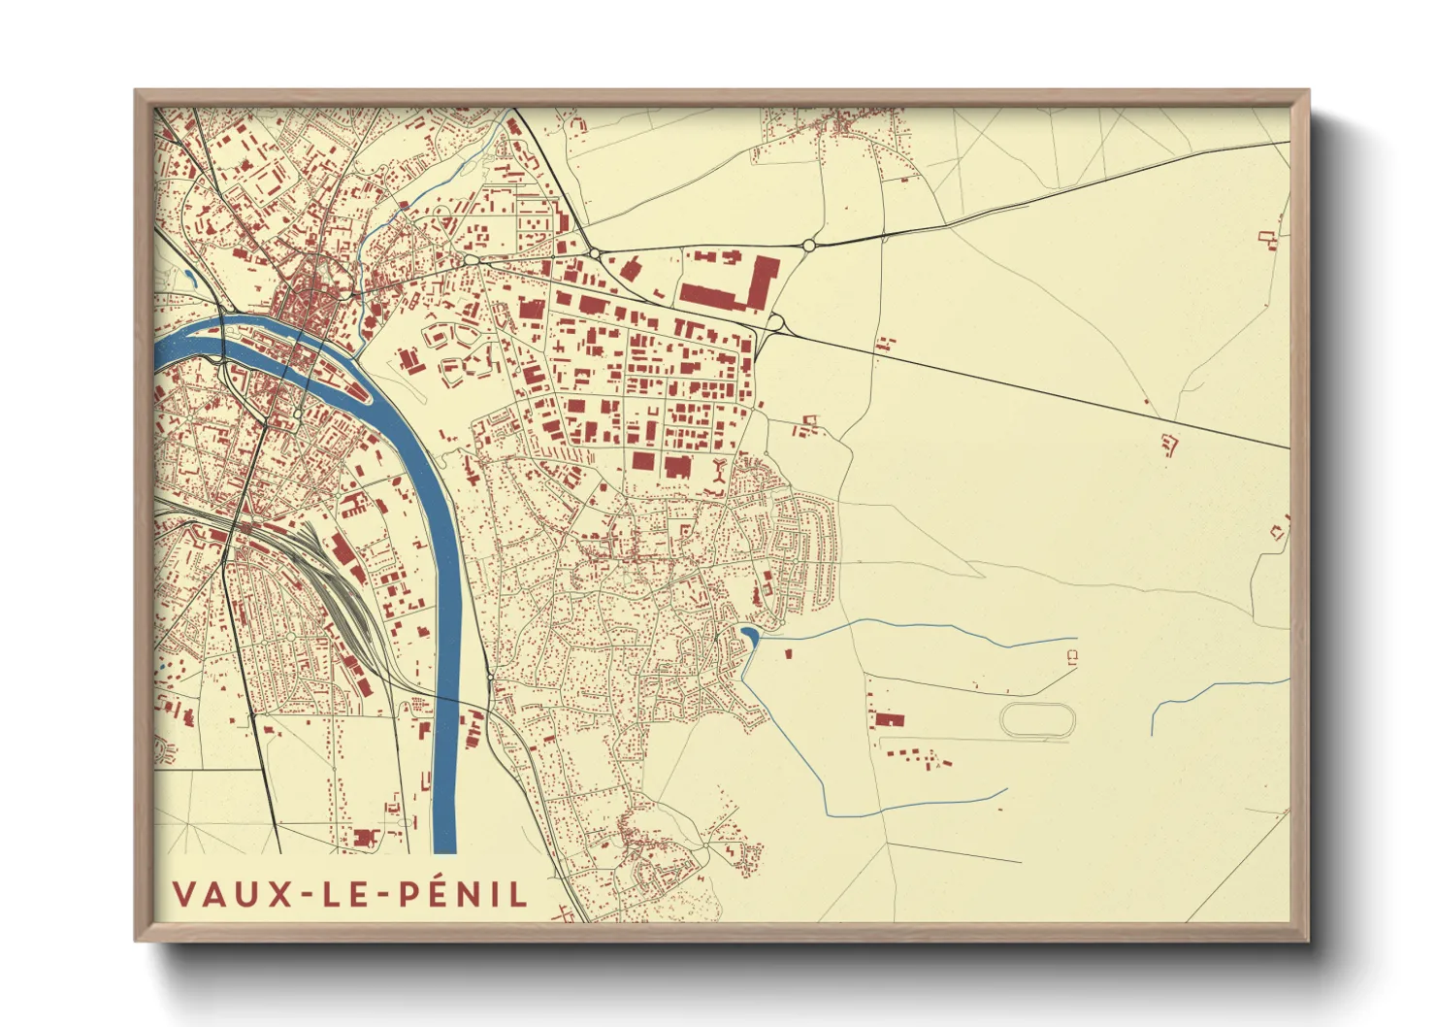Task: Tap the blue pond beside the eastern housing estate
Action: pos(749,637)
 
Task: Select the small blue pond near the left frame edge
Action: pos(190,277)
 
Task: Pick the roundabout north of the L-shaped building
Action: pos(808,246)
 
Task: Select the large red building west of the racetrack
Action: pos(889,719)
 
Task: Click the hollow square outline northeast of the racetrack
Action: pos(1071,656)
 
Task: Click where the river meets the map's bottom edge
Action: pos(443,851)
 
